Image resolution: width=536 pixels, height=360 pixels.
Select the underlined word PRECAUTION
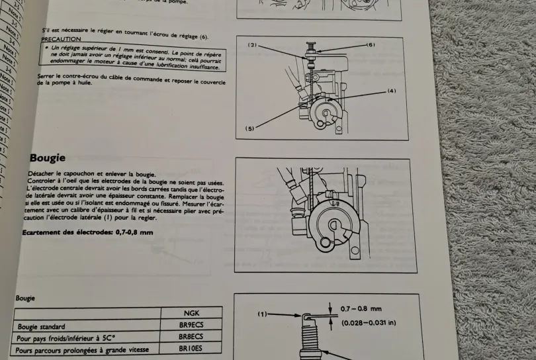[60, 40]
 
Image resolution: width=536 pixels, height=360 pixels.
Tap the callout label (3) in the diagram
[253, 44]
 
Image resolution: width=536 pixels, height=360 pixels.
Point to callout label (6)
[372, 44]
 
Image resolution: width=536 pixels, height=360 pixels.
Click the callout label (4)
[391, 91]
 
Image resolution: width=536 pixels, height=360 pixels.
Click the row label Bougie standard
[41, 327]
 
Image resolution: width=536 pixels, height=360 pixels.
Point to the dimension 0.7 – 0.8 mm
[360, 308]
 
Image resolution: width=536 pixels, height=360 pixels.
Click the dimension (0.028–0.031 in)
[369, 323]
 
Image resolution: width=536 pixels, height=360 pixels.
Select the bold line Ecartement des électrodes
[87, 232]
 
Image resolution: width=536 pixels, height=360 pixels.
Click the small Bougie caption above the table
[25, 298]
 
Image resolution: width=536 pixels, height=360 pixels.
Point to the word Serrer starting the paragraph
[48, 77]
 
